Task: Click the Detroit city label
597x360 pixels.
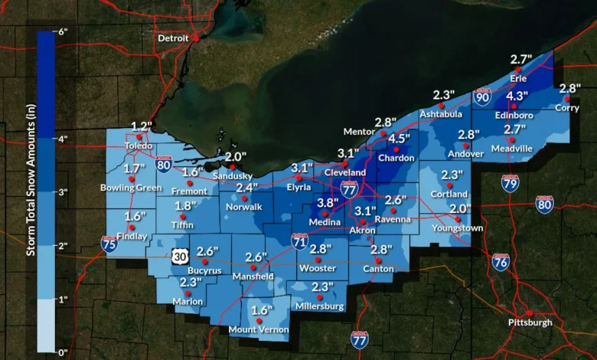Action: point(172,38)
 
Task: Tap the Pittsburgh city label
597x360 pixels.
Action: point(530,322)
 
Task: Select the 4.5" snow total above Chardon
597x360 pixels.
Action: point(399,139)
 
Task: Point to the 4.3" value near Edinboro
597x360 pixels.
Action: point(517,96)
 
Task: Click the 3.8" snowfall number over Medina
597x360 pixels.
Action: point(328,203)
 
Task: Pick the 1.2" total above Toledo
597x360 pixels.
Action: point(142,126)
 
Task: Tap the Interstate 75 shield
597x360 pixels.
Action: point(109,244)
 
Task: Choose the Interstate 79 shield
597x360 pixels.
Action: point(511,182)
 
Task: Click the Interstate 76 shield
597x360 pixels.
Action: point(501,261)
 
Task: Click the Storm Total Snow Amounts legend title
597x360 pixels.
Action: point(31,191)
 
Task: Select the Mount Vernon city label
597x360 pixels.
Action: point(259,331)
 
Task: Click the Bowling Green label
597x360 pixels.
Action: point(131,188)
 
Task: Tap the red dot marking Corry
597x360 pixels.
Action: point(567,98)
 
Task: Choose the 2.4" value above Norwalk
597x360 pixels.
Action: point(246,188)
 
